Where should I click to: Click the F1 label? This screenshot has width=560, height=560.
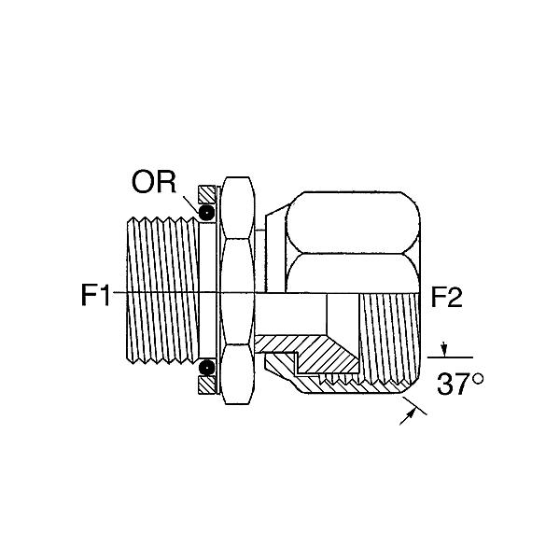point(96,295)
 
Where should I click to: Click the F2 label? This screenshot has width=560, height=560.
point(447,298)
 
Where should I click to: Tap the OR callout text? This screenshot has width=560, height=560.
point(154,182)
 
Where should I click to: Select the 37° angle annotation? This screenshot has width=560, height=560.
point(460,385)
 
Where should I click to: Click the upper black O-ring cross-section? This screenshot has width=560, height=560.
point(207,213)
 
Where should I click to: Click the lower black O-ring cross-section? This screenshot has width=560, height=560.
point(207,367)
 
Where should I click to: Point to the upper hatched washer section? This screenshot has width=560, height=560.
point(207,195)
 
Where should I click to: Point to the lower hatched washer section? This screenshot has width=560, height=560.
point(207,385)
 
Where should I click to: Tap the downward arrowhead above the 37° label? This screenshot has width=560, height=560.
point(444,351)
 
